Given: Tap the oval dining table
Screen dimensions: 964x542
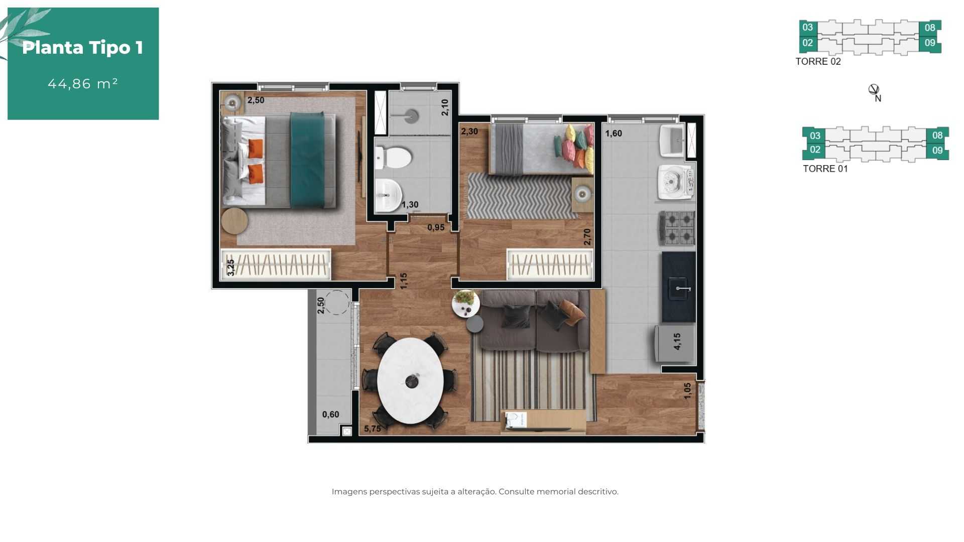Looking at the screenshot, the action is coord(411,380).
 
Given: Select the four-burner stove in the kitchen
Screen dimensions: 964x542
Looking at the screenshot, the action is coord(677,228).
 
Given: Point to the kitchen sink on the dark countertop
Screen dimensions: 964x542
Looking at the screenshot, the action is coord(679,289).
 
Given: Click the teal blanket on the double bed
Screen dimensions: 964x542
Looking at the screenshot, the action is coord(307,160).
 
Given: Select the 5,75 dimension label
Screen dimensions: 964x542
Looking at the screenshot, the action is coord(373,429).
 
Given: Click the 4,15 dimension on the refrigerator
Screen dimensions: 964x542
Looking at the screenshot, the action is coord(677,342).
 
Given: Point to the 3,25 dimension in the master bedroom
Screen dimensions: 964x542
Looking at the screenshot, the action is coord(230,267).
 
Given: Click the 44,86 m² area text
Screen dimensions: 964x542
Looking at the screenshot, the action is coord(83,83).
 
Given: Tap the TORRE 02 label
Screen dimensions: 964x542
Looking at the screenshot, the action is coord(818,62).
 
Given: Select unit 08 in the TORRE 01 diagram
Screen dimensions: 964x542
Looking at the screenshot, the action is coord(937,135).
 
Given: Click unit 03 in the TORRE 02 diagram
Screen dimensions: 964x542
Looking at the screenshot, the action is coord(807,27).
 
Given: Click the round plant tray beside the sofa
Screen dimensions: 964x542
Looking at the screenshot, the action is coord(465,304).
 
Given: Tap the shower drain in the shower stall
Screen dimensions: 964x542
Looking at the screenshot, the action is coord(412,116).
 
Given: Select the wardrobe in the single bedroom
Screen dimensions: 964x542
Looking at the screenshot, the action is coord(550,264).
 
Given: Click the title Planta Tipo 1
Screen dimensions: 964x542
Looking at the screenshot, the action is coord(83,48).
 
